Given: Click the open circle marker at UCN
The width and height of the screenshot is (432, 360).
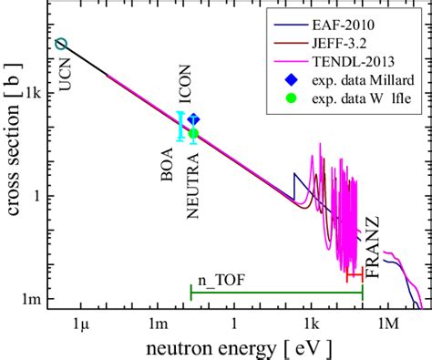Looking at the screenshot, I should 61,44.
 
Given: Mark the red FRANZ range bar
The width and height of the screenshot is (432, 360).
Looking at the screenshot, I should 354,274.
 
